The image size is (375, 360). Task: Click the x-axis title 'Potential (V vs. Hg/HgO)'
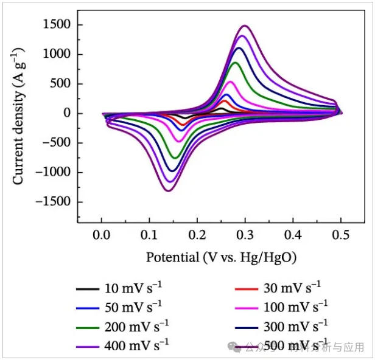pyautogui.click(x=221, y=257)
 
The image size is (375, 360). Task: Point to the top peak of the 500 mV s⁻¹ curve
pyautogui.click(x=245, y=26)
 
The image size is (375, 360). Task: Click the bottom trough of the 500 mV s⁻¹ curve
pyautogui.click(x=167, y=191)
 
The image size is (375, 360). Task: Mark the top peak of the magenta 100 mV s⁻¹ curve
pyautogui.click(x=230, y=81)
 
